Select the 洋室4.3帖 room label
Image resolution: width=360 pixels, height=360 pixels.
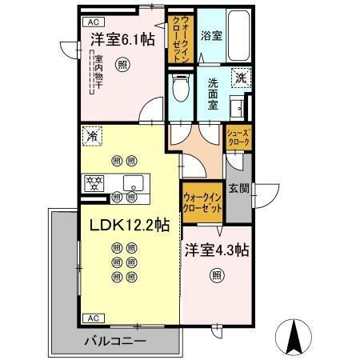[x=217, y=249]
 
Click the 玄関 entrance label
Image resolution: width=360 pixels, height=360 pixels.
[x=238, y=189]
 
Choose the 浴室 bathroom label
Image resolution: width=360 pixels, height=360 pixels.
[x=211, y=36]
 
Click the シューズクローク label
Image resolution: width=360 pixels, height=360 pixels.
[x=239, y=138]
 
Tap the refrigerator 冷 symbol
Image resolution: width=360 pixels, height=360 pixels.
[x=92, y=136]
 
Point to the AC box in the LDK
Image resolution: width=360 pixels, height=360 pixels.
[x=92, y=318]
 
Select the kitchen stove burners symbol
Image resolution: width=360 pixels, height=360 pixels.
[x=92, y=182]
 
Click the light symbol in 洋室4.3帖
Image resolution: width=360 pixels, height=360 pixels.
[x=216, y=276]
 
